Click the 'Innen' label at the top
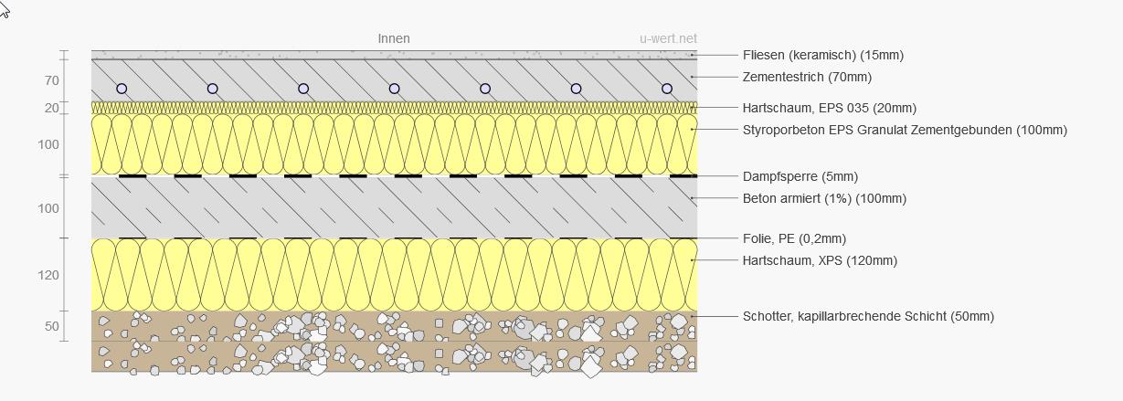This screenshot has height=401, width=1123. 394,38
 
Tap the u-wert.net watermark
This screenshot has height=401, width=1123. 668,38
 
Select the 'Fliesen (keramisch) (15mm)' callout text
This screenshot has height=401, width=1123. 823,55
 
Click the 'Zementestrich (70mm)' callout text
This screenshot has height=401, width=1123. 807,78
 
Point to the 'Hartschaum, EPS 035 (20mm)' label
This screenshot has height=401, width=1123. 830,109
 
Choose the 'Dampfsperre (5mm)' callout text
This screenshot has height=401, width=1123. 800,176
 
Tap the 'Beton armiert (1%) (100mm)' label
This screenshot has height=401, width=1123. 825,198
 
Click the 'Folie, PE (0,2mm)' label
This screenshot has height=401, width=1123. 795,238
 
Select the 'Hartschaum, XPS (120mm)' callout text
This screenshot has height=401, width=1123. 821,260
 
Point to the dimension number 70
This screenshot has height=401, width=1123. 52,80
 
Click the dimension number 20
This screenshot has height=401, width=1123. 52,108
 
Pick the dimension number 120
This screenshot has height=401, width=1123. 48,275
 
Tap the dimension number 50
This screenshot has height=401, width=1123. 52,326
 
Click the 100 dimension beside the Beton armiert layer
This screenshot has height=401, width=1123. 48,208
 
